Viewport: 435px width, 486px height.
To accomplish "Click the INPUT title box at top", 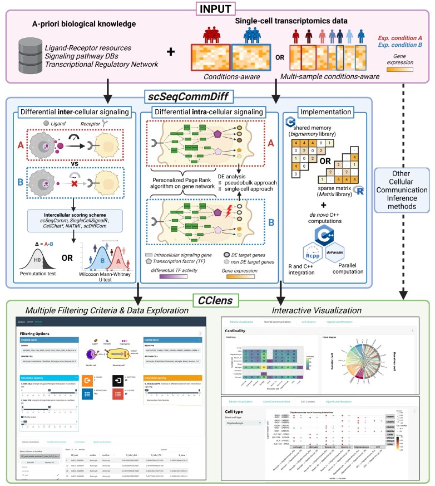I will click(217, 9).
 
